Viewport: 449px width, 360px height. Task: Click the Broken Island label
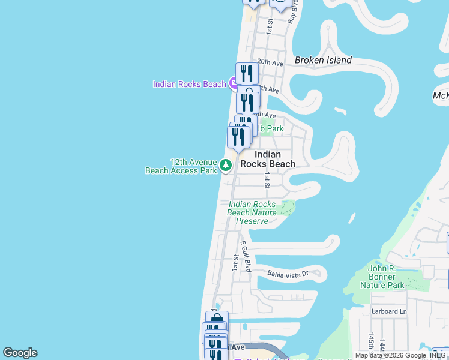[323, 60]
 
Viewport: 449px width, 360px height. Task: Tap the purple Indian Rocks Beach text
[189, 84]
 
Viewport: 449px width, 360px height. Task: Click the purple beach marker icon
[234, 84]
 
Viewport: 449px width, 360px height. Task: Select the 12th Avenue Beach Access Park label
[181, 166]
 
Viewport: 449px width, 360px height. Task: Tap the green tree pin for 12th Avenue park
[226, 164]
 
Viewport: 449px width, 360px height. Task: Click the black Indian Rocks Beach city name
[268, 159]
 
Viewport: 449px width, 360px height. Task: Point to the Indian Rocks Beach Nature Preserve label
[252, 213]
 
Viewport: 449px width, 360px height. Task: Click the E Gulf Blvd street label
[245, 257]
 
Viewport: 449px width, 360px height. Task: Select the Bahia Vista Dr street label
[288, 274]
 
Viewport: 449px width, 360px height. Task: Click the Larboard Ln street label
[390, 311]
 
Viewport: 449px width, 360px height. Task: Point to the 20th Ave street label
[270, 62]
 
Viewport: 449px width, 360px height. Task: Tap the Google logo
[20, 353]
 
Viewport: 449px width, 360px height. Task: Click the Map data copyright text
[402, 355]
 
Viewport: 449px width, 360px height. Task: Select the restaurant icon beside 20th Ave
[247, 73]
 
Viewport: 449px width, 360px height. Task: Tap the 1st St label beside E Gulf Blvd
[235, 262]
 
